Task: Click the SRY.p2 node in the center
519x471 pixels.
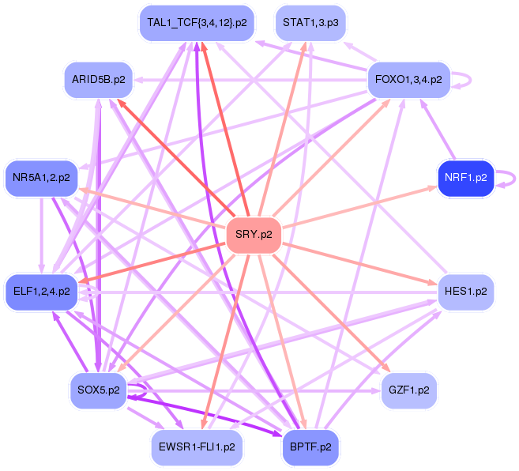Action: pyautogui.click(x=254, y=236)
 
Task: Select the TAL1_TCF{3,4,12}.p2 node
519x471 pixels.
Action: pyautogui.click(x=197, y=23)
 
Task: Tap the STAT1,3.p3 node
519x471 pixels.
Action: pyautogui.click(x=310, y=23)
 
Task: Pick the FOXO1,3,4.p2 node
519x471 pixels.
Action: pyautogui.click(x=408, y=80)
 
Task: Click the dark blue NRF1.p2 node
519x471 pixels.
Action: pyautogui.click(x=466, y=178)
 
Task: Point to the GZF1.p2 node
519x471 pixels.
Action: pyautogui.click(x=409, y=390)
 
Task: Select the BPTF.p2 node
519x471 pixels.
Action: pyautogui.click(x=310, y=447)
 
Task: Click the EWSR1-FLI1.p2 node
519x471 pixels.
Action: pyautogui.click(x=197, y=447)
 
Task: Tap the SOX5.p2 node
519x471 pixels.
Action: pyautogui.click(x=99, y=390)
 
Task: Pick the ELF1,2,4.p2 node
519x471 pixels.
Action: pyautogui.click(x=42, y=292)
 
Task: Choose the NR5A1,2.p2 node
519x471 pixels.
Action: pyautogui.click(x=42, y=178)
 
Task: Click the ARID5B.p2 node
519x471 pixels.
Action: pyautogui.click(x=98, y=80)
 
